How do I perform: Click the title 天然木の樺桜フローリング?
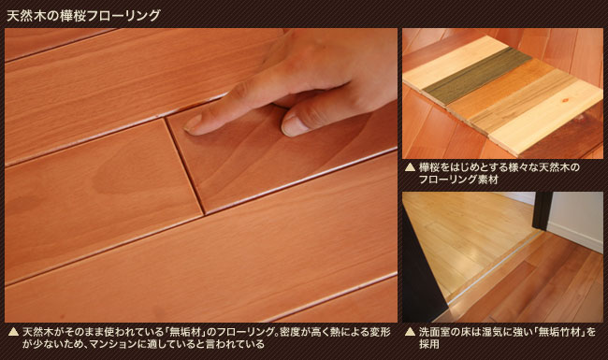(84, 16)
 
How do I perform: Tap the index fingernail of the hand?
(193, 123)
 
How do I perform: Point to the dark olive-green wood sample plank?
(477, 76)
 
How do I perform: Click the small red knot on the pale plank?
(564, 100)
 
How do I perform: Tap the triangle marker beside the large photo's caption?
(14, 332)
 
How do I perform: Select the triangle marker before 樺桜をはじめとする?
(410, 167)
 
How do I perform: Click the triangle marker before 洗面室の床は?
(410, 332)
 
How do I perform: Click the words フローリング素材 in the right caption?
(458, 180)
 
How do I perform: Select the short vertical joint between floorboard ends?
(185, 166)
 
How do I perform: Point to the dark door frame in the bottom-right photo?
(542, 210)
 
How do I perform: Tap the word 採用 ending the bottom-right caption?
(428, 344)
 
